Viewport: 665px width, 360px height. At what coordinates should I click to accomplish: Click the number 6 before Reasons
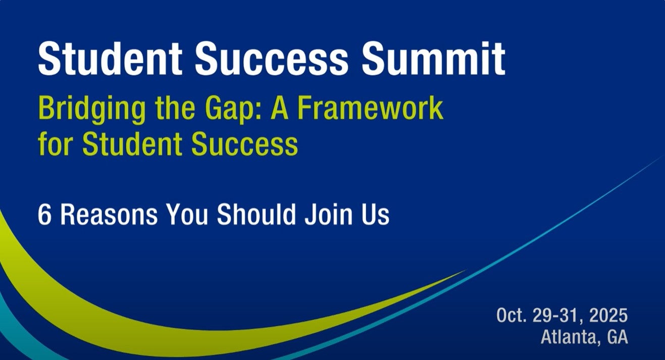click(x=44, y=215)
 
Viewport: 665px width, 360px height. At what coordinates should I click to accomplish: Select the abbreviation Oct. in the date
click(x=512, y=316)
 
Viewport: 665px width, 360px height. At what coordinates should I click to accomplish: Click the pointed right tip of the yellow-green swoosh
click(x=463, y=271)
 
